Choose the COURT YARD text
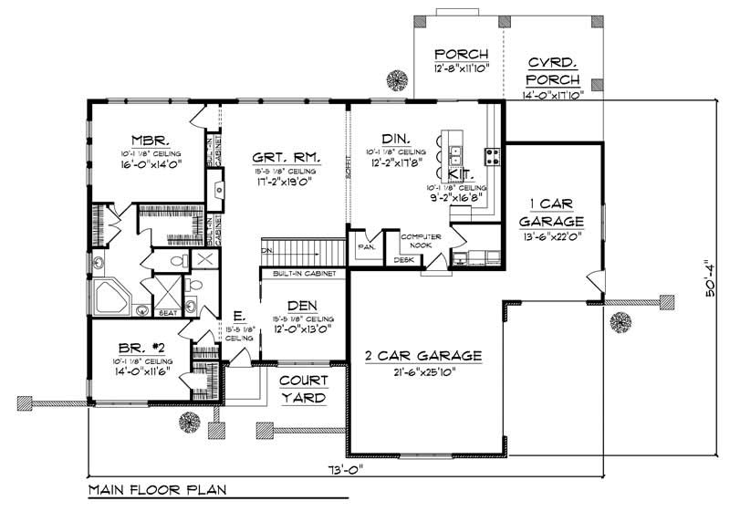(302, 390)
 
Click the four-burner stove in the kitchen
(492, 155)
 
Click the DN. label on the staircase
(266, 249)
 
